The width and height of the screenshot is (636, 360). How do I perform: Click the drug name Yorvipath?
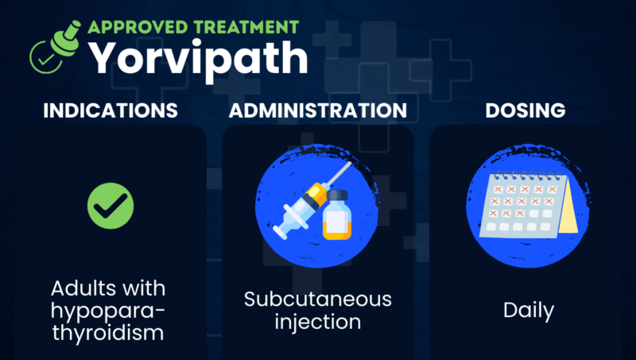pos(196,57)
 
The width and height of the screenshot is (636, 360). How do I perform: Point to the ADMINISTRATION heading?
pos(318,110)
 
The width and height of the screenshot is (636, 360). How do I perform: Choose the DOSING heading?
pos(525,110)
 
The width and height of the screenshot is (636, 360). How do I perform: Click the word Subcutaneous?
pos(318,300)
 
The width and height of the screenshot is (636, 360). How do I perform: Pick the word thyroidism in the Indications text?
pos(111,333)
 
